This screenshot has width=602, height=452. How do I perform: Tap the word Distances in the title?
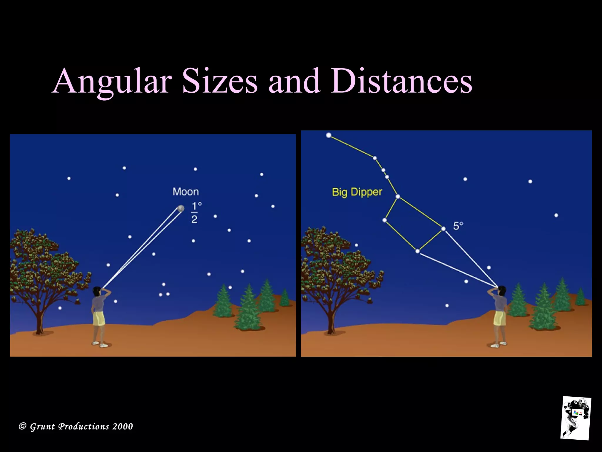[x=401, y=81]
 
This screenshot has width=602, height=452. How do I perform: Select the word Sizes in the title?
[x=219, y=81]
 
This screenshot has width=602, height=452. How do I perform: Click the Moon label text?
[x=185, y=192]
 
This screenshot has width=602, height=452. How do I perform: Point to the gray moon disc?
[x=180, y=208]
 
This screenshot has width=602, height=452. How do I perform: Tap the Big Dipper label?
[x=357, y=192]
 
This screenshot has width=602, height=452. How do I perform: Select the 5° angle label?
[x=458, y=226]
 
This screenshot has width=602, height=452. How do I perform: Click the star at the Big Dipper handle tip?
[x=329, y=135]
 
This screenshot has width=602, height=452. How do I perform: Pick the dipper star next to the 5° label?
[x=443, y=229]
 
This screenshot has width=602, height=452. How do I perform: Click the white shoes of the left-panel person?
[x=99, y=344]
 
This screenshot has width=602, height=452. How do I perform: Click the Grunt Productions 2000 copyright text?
[x=76, y=426]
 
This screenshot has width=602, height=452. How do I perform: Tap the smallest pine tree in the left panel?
[x=284, y=298]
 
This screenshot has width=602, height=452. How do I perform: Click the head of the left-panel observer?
[x=97, y=291]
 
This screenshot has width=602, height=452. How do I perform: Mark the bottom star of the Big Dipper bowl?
[x=417, y=251]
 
